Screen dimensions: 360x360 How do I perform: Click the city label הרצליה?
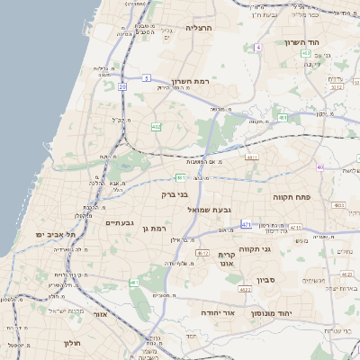click(x=197, y=28)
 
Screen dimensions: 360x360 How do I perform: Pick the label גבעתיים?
click(x=120, y=222)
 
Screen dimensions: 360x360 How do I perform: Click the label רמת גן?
click(x=156, y=229)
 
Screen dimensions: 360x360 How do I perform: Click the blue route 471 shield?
click(x=247, y=223)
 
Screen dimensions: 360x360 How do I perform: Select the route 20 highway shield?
click(x=121, y=86)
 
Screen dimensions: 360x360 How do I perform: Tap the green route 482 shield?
click(x=157, y=127)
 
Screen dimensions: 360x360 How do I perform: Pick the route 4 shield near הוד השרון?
click(x=257, y=47)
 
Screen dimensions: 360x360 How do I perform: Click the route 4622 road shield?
click(x=245, y=290)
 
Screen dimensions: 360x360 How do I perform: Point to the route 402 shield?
click(x=306, y=54)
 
